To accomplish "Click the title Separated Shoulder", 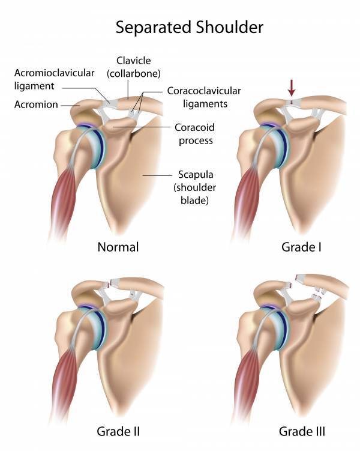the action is point(190,28).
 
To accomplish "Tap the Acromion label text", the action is point(36,104).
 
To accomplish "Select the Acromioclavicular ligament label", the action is point(55,79).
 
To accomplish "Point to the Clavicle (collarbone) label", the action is point(134,67).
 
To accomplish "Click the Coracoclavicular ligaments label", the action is point(204,97).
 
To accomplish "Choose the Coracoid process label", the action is point(195,134).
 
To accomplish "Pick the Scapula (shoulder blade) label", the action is point(195,187).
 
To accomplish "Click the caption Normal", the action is point(118,247).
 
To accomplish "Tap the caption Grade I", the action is point(301,247).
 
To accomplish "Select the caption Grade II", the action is point(118,431).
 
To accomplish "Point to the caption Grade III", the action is point(302,431).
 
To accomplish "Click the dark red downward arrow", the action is point(292,88).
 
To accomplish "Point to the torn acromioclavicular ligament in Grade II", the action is point(110,284).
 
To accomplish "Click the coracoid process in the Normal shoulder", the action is point(118,127).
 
